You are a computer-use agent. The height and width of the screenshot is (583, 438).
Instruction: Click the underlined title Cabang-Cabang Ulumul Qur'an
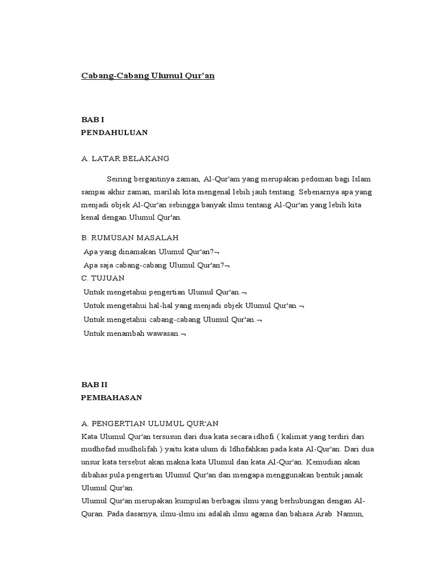(147, 75)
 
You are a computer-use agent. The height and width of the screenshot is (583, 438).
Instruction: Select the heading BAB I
(92, 120)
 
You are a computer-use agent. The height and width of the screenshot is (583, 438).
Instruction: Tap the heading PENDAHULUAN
(115, 133)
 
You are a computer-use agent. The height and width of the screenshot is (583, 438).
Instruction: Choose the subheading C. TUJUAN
(103, 278)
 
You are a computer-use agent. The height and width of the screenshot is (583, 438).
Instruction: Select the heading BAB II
(94, 384)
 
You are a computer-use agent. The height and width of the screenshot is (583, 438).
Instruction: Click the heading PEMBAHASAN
(111, 398)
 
